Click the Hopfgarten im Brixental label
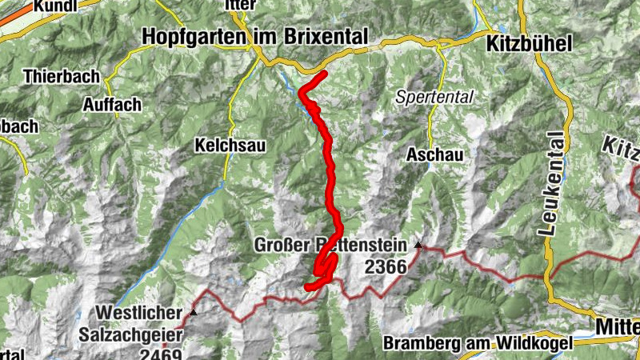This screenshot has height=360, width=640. coord(254,37)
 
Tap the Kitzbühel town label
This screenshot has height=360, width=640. coord(528,45)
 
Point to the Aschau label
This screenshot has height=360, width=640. coord(434,154)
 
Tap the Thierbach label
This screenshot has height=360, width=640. coord(61,78)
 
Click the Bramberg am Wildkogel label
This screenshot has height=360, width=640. coord(478,344)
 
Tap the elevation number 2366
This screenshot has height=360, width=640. coord(386,268)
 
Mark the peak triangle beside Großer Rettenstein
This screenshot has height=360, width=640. coord(418,244)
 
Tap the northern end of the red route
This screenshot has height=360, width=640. coord(325,74)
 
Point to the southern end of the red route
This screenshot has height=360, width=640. coord(309,286)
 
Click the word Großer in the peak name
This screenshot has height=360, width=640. coord(278,245)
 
